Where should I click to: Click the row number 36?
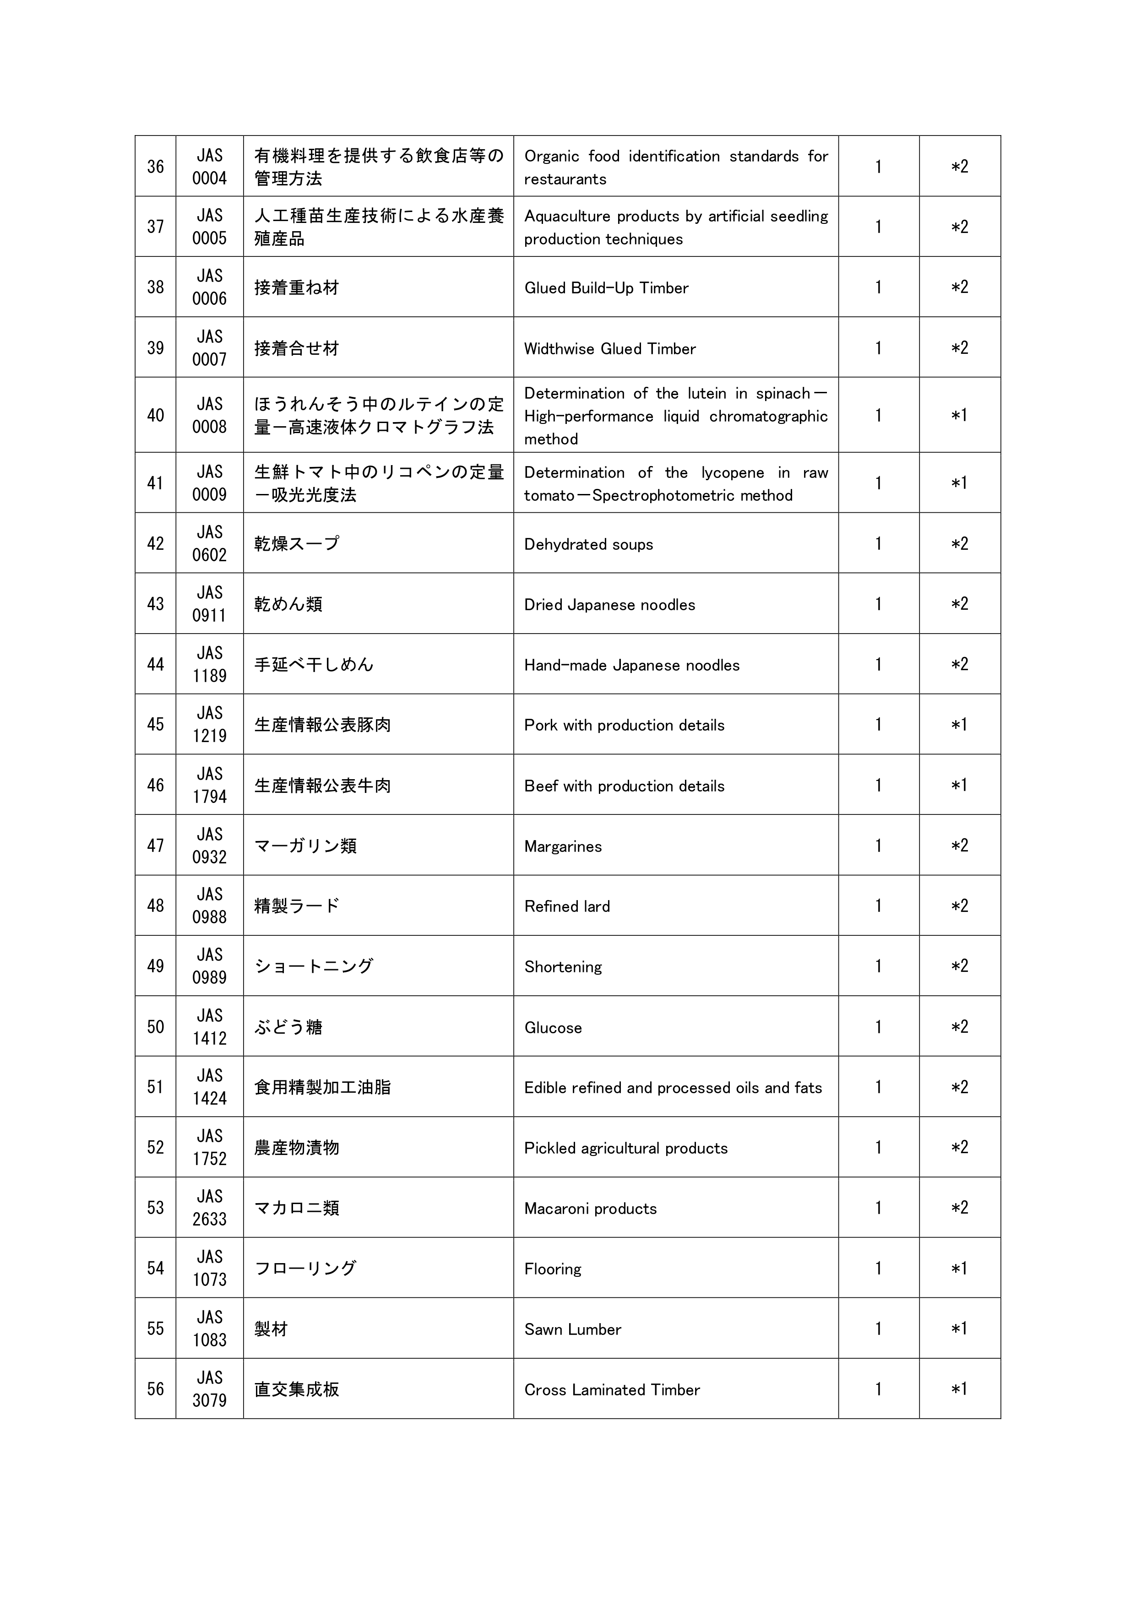click(x=155, y=167)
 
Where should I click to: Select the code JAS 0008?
click(x=209, y=416)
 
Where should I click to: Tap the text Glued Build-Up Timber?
click(x=606, y=288)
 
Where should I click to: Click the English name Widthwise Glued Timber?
click(x=609, y=349)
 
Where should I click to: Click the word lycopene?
click(x=733, y=473)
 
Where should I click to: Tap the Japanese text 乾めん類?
click(x=288, y=604)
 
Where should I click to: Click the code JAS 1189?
click(x=209, y=664)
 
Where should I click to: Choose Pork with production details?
click(x=624, y=725)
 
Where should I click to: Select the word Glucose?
click(x=553, y=1027)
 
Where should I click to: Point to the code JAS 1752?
click(x=209, y=1148)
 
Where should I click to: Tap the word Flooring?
click(x=553, y=1269)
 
